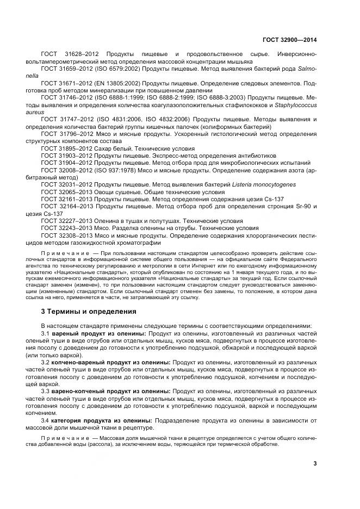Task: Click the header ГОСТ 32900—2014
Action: point(291,40)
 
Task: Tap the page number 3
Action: point(315,463)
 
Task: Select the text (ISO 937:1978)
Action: point(109,170)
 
